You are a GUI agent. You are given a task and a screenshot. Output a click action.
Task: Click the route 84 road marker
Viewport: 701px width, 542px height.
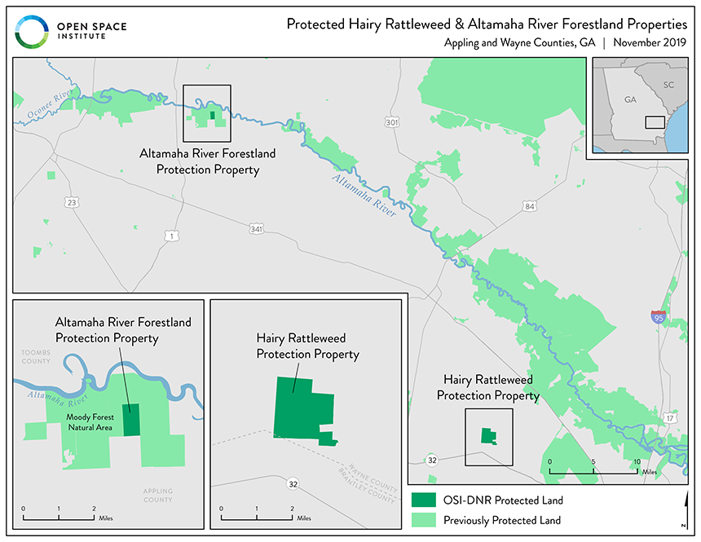coord(530,206)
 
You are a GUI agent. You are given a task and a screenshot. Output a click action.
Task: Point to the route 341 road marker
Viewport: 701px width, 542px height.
coord(258,230)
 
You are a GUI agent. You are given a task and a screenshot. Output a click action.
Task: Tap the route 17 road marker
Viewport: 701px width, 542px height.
coord(669,417)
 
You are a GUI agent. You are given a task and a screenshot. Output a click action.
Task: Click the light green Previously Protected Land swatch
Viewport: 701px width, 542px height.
coord(424,519)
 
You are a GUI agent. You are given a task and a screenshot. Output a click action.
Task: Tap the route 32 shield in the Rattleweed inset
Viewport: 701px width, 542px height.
coord(291,484)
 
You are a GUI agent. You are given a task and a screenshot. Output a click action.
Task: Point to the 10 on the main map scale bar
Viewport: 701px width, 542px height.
coord(636,462)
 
